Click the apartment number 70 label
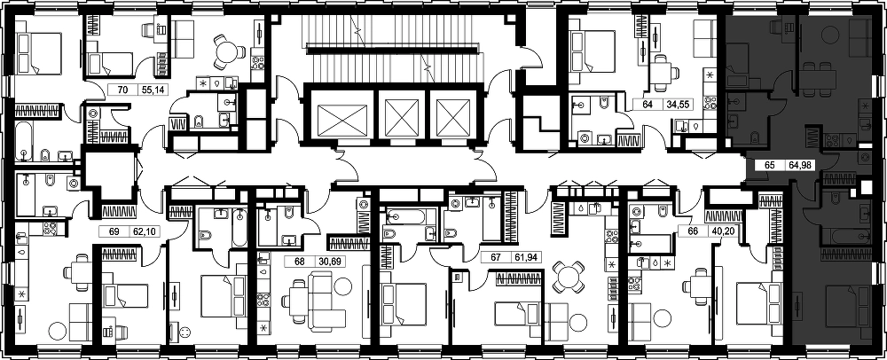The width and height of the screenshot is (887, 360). pyautogui.click(x=121, y=90)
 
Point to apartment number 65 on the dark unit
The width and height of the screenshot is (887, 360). pyautogui.click(x=769, y=166)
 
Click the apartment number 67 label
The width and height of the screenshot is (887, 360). pyautogui.click(x=496, y=258)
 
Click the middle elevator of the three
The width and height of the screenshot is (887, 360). pyautogui.click(x=401, y=115)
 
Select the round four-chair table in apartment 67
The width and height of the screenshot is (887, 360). pyautogui.click(x=568, y=277)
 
